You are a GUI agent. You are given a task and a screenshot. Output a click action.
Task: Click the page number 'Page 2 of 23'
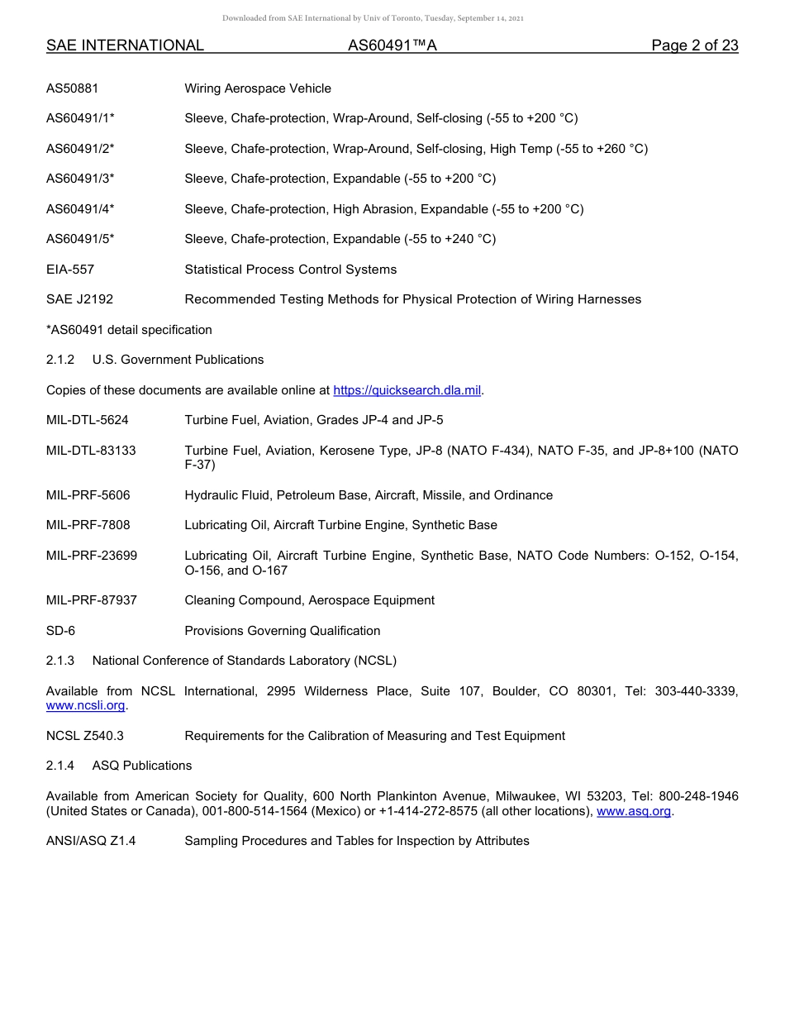point(694,45)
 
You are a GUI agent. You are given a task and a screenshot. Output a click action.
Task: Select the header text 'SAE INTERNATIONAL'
point(125,45)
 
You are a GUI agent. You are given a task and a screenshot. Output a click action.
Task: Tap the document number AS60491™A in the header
point(392,45)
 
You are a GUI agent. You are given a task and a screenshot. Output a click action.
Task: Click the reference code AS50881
point(73,88)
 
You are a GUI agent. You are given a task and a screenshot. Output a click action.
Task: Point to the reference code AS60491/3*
point(80,179)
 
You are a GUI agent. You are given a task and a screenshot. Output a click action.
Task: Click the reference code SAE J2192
point(79,299)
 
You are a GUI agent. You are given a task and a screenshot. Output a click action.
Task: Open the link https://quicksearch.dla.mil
point(407,390)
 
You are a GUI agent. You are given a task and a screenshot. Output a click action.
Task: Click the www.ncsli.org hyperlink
point(85,706)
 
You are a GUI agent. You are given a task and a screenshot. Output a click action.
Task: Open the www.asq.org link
point(634,812)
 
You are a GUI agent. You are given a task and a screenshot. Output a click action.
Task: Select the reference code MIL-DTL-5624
point(88,420)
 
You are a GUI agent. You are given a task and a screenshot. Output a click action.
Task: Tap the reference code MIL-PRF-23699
point(92,556)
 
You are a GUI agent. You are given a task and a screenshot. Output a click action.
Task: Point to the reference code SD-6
point(60,631)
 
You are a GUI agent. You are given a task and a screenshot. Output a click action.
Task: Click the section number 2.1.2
point(60,360)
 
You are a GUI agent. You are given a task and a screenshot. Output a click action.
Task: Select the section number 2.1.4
point(60,766)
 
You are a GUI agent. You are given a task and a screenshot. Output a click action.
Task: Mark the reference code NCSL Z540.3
point(85,736)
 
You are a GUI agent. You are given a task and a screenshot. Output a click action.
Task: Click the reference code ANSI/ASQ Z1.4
point(91,841)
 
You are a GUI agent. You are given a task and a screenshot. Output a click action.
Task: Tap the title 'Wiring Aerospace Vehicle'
point(258,88)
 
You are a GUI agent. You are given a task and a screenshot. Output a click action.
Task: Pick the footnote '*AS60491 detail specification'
point(129,330)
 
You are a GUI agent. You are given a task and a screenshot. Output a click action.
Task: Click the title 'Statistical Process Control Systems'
point(290,270)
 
